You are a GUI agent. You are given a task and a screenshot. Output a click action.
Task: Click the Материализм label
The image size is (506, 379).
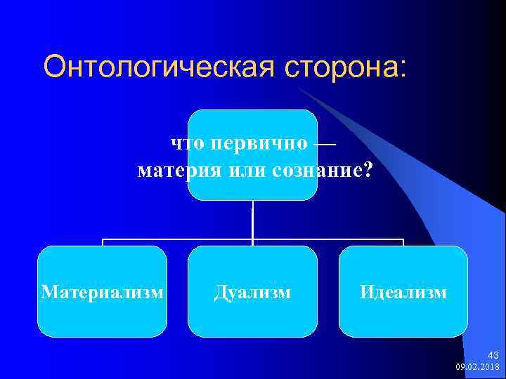(103, 291)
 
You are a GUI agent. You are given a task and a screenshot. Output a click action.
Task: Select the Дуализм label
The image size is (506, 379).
(252, 291)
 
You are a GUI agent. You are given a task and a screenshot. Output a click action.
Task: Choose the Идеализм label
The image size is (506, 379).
(403, 291)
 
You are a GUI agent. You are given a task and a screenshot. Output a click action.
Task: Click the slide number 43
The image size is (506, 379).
(493, 356)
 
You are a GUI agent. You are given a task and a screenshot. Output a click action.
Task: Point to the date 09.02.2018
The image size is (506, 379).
(477, 366)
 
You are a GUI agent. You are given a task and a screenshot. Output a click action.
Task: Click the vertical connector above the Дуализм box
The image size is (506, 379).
(252, 223)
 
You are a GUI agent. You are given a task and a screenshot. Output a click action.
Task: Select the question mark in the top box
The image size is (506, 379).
(368, 171)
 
